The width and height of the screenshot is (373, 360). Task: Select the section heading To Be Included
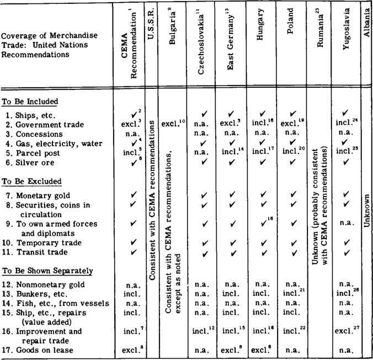tap(30, 102)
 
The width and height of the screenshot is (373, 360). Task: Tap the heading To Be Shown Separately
tap(46, 271)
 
